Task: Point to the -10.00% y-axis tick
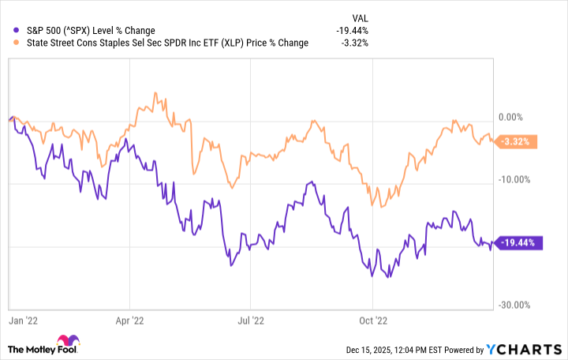(514, 179)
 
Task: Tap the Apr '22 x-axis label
(129, 321)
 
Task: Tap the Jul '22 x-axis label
(250, 321)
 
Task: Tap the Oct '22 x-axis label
(372, 321)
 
